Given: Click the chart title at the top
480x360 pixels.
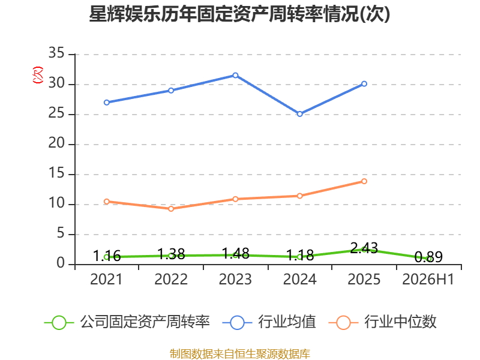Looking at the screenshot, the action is (239, 14).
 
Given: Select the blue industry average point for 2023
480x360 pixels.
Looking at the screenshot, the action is (235, 76).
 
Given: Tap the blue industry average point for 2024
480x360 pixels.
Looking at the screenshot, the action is (300, 114).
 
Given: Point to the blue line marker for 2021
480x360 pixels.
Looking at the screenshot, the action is (107, 102).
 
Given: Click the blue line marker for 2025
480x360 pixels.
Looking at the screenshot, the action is (364, 83).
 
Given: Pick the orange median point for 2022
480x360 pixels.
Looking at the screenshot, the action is (171, 209).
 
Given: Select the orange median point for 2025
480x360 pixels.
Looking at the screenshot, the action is (364, 181).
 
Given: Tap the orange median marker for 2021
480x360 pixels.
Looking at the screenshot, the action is (107, 202).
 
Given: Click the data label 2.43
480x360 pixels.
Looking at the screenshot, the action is (364, 248).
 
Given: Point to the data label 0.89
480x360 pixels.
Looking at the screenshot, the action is (428, 257).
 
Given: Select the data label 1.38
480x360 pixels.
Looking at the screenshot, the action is (171, 254).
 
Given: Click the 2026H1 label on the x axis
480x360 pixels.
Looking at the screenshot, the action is (428, 279).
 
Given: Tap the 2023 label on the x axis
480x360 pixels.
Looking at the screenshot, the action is (235, 279).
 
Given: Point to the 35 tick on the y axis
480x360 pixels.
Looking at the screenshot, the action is (56, 53).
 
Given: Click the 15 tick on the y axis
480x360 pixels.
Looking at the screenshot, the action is (56, 173).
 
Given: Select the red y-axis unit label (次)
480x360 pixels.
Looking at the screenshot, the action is (38, 75).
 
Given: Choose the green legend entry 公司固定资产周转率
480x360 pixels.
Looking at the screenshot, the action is (127, 322).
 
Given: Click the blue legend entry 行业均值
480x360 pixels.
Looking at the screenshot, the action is (269, 322).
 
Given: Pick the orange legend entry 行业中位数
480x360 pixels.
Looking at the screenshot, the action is (382, 322).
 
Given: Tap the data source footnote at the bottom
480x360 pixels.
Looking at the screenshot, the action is (240, 354).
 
